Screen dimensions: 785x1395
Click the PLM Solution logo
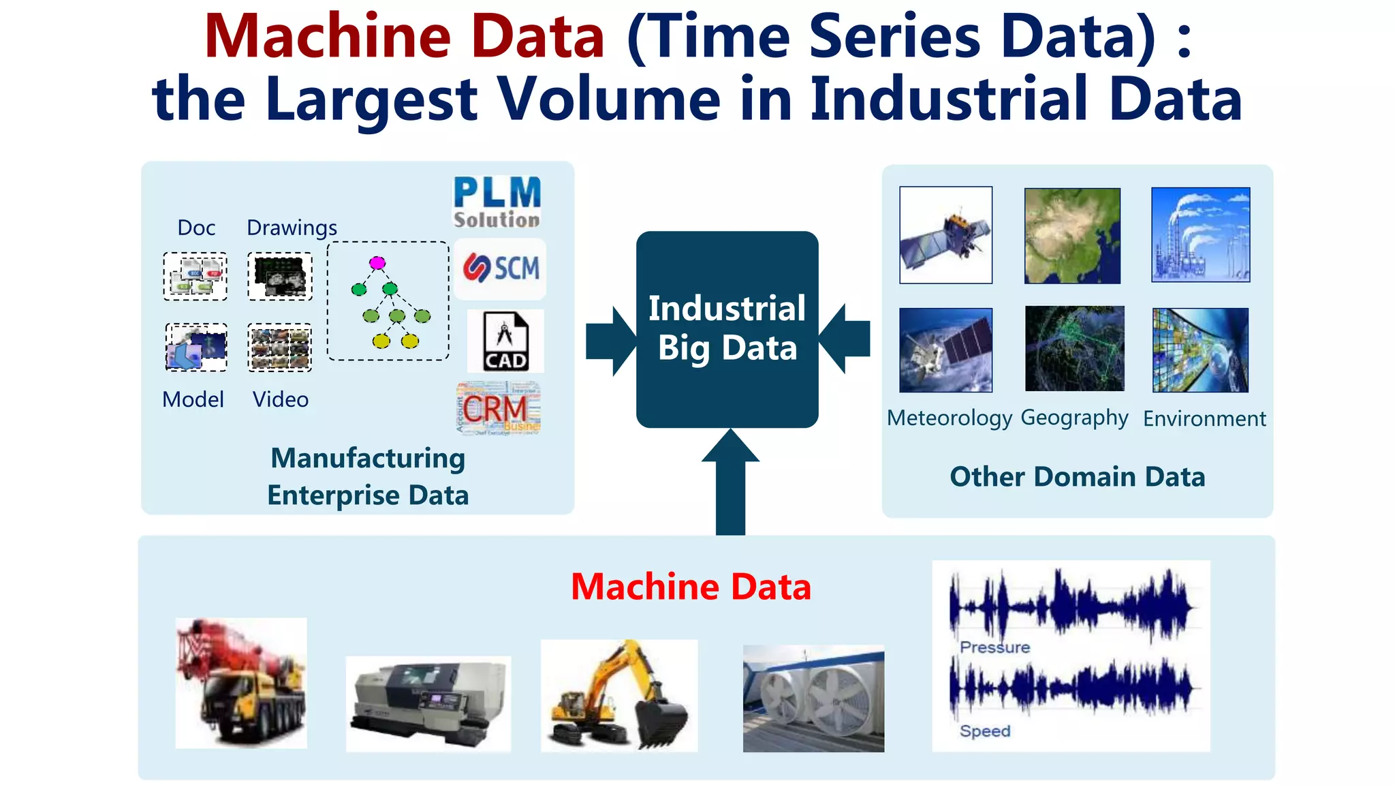497,202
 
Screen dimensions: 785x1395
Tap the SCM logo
501,268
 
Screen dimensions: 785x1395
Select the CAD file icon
505,341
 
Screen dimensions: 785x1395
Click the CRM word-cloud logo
498,408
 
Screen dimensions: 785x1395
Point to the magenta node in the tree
377,263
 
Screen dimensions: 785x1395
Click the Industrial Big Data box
727,329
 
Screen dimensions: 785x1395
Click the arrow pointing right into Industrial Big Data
610,341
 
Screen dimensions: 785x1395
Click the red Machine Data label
691,587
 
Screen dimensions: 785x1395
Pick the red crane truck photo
241,683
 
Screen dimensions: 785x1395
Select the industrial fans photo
813,698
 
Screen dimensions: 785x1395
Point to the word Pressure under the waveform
994,647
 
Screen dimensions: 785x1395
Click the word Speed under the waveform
985,731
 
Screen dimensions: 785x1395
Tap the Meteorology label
950,418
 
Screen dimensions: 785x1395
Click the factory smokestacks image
1200,235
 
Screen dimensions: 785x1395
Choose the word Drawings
292,228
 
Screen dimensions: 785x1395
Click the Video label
280,399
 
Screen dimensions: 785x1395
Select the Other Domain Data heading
1077,477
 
